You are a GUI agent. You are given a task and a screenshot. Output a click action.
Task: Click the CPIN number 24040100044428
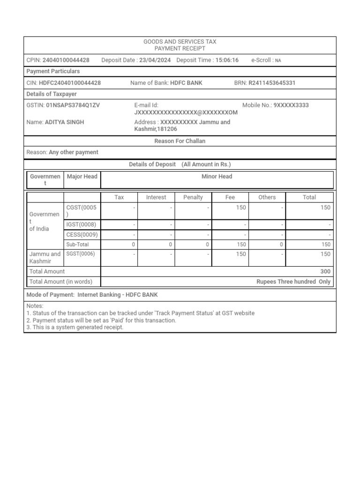click(66, 60)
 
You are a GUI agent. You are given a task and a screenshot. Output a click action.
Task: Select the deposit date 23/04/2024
click(155, 60)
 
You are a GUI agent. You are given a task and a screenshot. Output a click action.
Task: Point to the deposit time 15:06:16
click(227, 60)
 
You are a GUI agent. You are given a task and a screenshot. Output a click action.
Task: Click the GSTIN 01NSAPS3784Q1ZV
click(73, 105)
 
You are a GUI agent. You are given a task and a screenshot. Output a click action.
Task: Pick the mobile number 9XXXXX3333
click(291, 105)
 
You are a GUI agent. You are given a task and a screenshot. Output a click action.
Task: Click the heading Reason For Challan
click(180, 141)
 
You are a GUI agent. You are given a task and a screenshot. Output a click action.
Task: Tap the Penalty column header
click(193, 197)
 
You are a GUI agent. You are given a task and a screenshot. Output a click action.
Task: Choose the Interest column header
click(156, 197)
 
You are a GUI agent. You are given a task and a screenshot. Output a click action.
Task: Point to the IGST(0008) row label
click(82, 225)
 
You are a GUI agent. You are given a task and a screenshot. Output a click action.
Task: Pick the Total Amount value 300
click(325, 271)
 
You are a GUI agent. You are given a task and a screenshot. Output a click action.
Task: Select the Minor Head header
click(217, 177)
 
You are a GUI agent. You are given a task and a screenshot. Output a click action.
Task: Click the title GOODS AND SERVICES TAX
click(180, 42)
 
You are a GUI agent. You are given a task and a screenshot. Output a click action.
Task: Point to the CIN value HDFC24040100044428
click(70, 83)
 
